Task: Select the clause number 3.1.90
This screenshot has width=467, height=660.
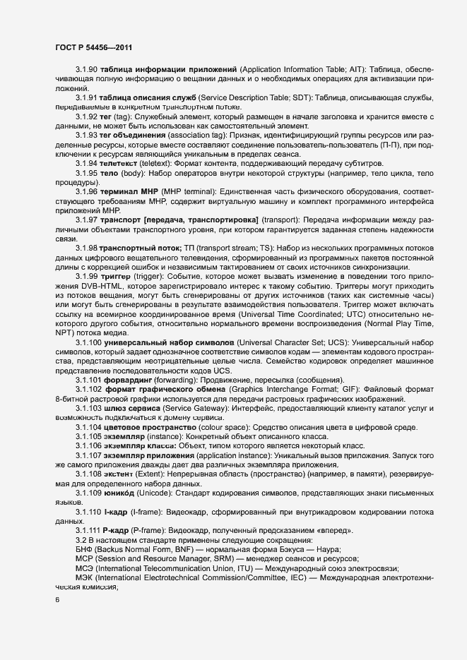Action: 88,70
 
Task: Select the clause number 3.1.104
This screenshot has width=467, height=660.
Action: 90,428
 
